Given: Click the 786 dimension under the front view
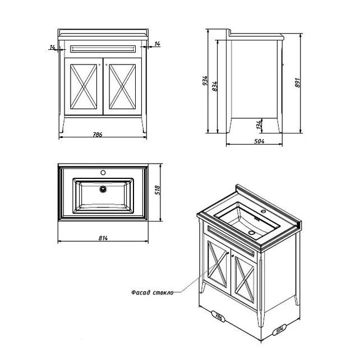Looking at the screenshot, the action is pos(98,135).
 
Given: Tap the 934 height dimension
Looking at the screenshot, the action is pos(205,81).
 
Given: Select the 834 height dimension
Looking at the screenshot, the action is pos(215,86).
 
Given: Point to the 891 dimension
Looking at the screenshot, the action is pos(297,82).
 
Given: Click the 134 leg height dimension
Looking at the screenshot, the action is pos(259,124).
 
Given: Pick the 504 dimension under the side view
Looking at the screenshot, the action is pos(259,141).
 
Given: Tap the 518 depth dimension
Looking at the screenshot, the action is pos(157,190).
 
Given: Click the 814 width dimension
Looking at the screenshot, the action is pos(103,238).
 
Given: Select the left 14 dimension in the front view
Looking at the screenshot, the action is pos(52,47).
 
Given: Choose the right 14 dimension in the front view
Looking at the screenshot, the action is pos(157,44).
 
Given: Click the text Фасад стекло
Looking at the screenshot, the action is pos(153,293).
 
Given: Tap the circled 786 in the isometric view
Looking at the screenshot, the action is pos(218,317).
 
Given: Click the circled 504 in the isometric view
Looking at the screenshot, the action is pos(279,330).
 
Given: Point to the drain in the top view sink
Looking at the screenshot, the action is pos(103,189).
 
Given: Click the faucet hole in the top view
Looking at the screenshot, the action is pos(103,172).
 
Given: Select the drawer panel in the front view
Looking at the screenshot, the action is pos(103,49).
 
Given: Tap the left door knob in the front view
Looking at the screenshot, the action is pos(99,64).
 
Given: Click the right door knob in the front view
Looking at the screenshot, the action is pos(107,64).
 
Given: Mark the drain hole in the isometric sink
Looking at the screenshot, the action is pos(251,233).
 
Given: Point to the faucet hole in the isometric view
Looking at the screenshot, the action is pos(264,211).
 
